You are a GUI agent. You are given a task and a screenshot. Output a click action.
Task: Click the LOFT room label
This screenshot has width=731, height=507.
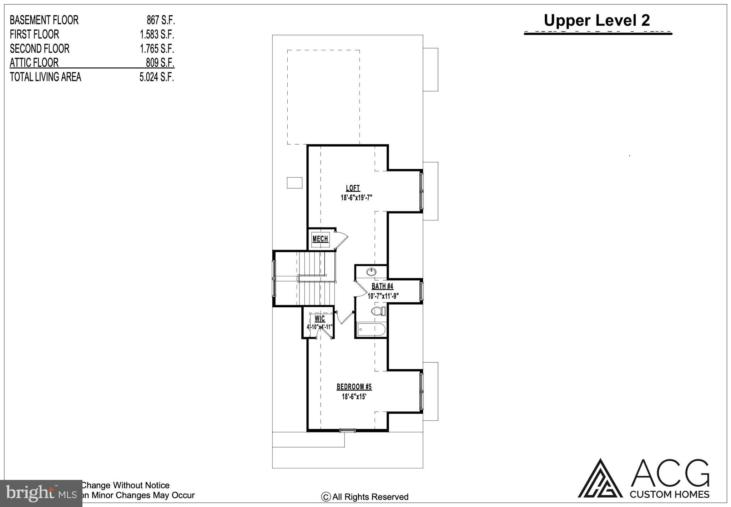tap(353, 188)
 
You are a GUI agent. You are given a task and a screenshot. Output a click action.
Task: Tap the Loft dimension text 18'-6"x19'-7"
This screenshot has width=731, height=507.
tap(356, 198)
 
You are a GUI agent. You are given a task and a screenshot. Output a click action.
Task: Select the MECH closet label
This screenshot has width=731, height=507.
tap(320, 239)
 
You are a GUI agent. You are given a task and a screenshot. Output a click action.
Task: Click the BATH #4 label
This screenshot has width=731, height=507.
tap(382, 286)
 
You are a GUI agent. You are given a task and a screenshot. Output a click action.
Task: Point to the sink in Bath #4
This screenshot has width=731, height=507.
tap(371, 272)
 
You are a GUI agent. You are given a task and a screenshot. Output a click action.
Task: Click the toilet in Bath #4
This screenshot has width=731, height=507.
tap(378, 311)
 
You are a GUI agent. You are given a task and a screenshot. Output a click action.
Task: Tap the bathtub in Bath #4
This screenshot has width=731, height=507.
tap(371, 329)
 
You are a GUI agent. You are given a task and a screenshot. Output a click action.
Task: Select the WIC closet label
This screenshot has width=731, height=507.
tap(319, 318)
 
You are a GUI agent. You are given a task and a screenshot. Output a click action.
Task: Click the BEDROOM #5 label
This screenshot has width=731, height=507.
tap(354, 387)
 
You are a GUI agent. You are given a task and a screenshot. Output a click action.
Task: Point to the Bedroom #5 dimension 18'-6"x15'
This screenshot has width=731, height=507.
tap(354, 396)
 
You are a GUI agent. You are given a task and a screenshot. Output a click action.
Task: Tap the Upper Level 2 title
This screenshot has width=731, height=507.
tap(596, 20)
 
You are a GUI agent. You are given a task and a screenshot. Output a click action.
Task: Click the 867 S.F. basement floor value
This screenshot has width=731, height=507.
tap(160, 20)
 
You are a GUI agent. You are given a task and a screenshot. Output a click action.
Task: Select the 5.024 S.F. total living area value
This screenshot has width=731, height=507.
tap(156, 77)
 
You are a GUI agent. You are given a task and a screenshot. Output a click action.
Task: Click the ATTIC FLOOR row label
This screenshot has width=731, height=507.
tap(34, 63)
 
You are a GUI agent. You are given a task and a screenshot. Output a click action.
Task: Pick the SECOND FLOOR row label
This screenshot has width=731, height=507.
tap(39, 48)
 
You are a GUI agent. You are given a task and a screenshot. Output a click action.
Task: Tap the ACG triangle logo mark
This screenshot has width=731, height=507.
tap(600, 479)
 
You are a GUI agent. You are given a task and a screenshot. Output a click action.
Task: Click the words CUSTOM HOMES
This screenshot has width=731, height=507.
tap(669, 494)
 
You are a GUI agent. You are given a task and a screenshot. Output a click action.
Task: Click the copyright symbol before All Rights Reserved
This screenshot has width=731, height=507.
tap(326, 497)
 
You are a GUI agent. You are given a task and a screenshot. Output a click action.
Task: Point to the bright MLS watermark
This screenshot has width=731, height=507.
tap(41, 493)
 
